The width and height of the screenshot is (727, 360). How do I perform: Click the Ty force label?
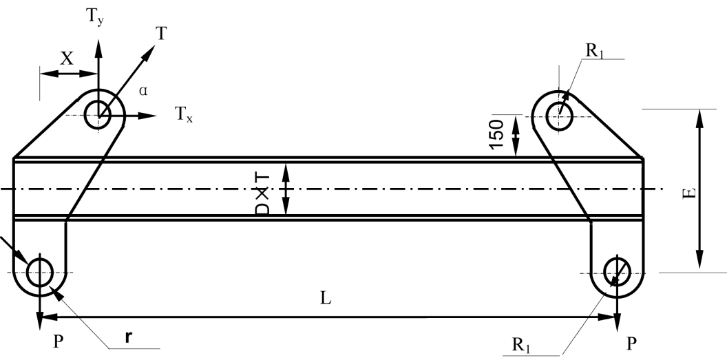tap(94, 18)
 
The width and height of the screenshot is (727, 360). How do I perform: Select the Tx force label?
tap(184, 114)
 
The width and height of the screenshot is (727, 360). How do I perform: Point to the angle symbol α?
tap(143, 91)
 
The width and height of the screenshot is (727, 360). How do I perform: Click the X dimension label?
tap(67, 59)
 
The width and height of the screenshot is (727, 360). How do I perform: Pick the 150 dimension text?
tap(496, 134)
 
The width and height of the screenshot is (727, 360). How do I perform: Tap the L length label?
tap(326, 298)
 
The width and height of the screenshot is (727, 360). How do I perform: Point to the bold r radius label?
tap(128, 337)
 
